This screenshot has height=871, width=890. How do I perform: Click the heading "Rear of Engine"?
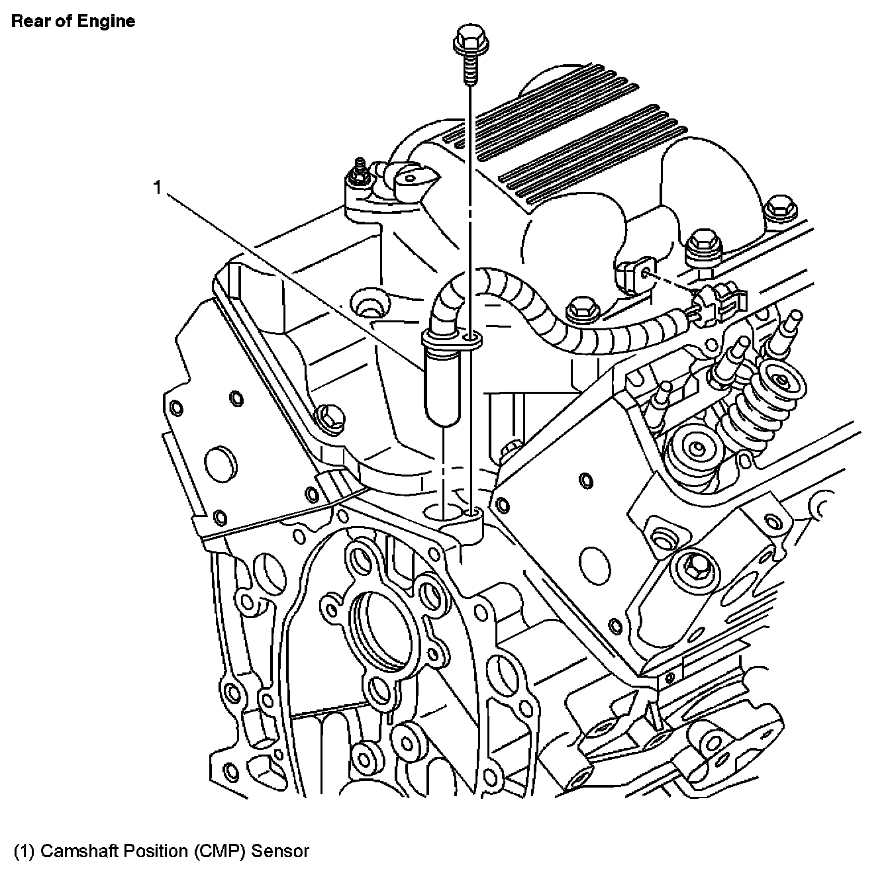click(x=73, y=21)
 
